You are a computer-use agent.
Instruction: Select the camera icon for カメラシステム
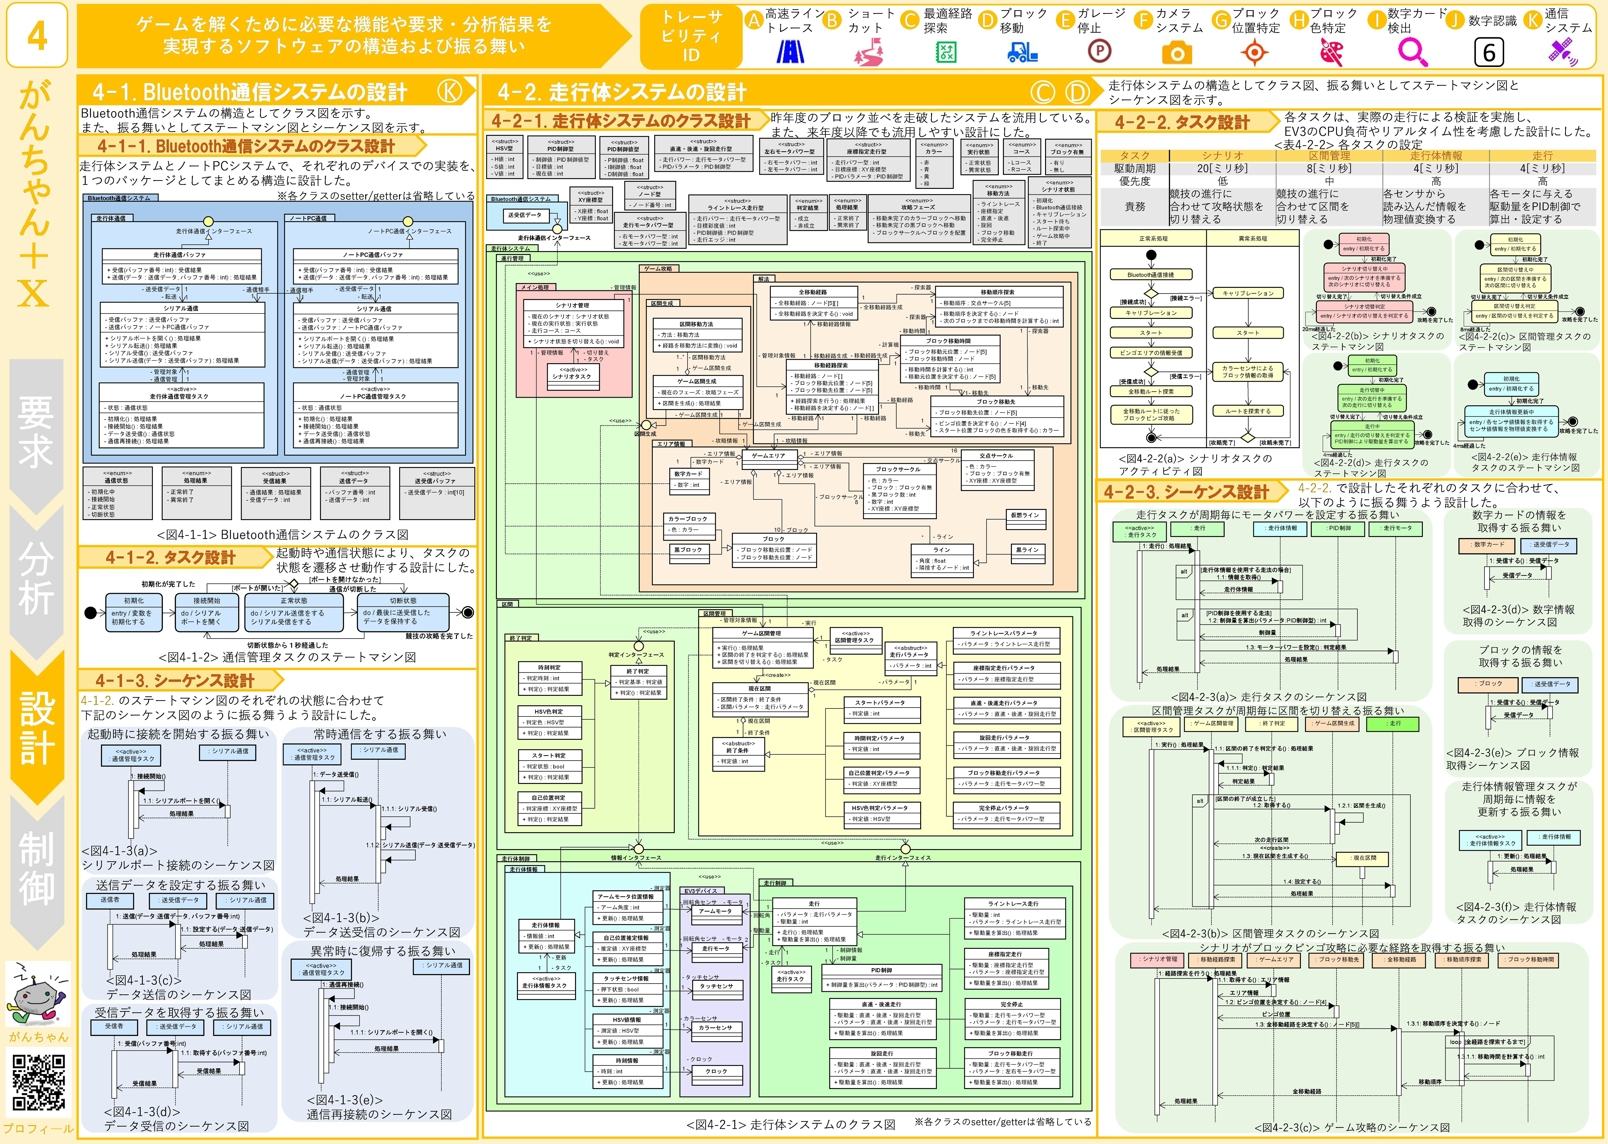pyautogui.click(x=1176, y=53)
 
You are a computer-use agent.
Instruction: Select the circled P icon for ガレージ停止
pyautogui.click(x=1099, y=51)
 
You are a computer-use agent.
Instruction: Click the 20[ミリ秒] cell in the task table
pyautogui.click(x=1222, y=168)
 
